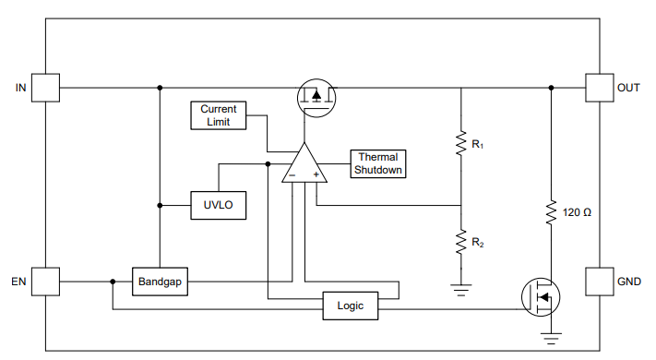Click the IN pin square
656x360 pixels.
click(45, 88)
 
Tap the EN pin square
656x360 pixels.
click(45, 281)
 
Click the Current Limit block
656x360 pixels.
click(219, 115)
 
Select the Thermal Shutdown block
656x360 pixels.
click(377, 163)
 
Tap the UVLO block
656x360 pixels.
click(219, 205)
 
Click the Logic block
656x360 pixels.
click(351, 305)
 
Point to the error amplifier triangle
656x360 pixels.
click(304, 166)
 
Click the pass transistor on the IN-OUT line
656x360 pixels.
click(315, 96)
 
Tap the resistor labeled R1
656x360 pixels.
click(460, 144)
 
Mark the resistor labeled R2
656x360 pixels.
click(460, 242)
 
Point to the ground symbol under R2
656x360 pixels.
click(460, 289)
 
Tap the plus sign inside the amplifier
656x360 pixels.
click(316, 174)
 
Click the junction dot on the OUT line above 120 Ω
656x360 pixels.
click(551, 88)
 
